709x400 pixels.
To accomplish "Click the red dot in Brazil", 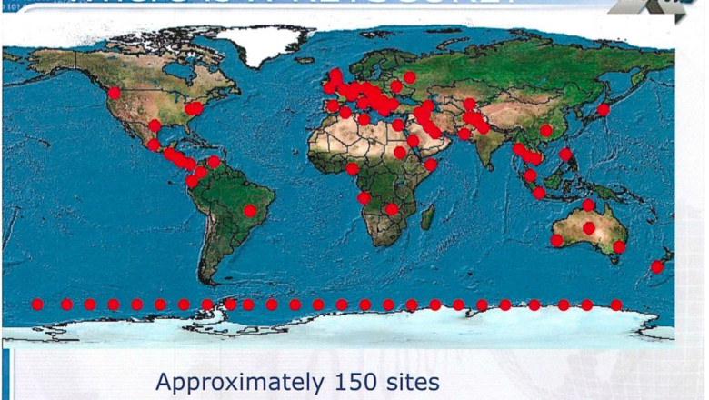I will click(250, 211).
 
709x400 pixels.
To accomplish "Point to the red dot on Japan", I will click(603, 110).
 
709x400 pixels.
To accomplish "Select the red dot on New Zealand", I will click(657, 267).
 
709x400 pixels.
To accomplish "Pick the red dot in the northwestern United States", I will click(114, 93).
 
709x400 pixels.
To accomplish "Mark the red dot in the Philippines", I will click(565, 155).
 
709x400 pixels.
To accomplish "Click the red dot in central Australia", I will click(589, 227).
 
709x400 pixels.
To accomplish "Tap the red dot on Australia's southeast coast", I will click(619, 246).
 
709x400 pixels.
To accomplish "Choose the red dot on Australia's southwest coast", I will click(557, 240).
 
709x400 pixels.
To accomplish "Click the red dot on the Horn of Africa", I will click(431, 165).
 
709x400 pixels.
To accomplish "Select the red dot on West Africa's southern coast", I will click(353, 168).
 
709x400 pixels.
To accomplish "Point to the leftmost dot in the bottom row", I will click(37, 305).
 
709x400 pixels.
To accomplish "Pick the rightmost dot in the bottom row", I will click(616, 305).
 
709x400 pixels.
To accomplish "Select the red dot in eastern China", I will click(545, 131).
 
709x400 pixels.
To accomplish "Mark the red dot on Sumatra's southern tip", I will click(539, 193).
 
